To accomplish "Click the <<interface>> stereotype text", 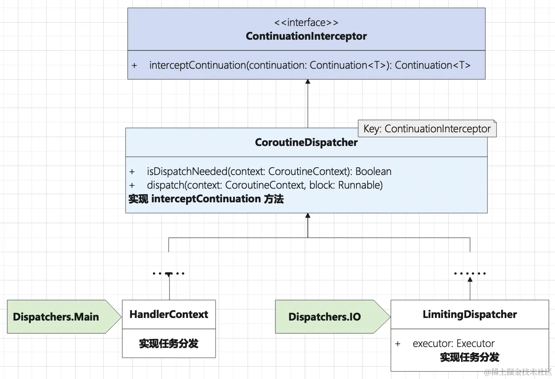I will tap(306, 23).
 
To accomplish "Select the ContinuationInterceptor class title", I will tap(306, 36).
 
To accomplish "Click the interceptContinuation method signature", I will tap(310, 65).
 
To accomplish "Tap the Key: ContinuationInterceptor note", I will tap(427, 129).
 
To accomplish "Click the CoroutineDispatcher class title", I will tap(306, 143).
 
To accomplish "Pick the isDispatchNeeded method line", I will tap(269, 172).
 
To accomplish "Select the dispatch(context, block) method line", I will tap(264, 185).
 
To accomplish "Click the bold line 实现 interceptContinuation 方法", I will tap(206, 199).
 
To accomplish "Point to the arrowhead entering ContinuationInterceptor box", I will tap(307, 82).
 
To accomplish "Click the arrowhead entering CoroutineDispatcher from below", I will tap(307, 216).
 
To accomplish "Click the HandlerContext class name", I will tap(169, 315).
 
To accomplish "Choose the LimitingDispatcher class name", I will tap(470, 315).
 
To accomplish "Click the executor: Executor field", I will tap(453, 344).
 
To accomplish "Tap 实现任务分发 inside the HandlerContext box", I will tap(169, 344).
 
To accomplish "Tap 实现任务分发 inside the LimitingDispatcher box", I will tap(470, 357).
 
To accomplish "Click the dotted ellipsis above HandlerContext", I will tap(169, 273).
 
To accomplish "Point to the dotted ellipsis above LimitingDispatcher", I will tap(470, 273).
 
